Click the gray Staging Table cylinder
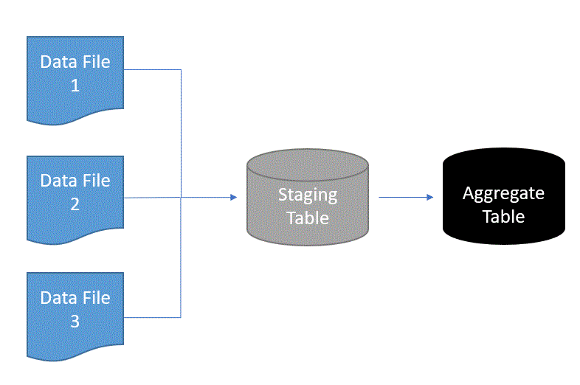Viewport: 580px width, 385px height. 307,199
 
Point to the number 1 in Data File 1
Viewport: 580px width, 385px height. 75,86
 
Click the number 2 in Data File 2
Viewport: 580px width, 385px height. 75,204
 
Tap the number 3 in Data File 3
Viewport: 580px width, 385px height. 75,322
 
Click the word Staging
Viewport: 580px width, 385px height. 307,195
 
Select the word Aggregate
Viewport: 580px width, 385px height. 503,193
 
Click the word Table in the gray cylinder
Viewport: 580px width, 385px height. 307,218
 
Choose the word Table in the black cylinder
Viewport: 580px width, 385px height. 503,217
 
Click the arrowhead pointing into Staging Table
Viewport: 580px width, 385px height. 233,197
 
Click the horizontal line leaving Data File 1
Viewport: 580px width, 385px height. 152,70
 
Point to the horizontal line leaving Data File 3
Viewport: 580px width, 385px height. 152,317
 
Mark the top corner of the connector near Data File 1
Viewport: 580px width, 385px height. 181,70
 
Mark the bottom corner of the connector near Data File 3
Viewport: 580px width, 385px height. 181,317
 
